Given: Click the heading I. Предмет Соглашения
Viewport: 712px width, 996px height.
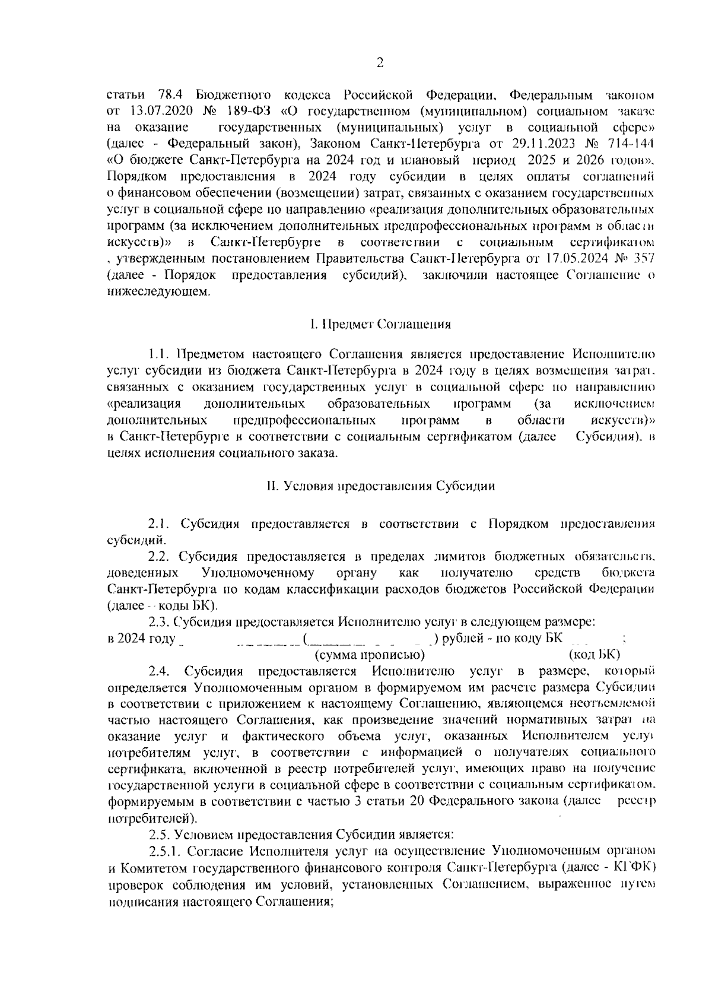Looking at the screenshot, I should (380, 324).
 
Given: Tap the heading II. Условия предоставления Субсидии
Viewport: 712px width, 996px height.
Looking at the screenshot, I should (380, 486).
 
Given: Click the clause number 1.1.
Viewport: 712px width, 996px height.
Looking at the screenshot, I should (160, 354).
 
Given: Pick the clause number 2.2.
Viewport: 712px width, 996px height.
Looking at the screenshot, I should (160, 557).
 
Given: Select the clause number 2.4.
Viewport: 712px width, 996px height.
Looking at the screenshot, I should (161, 671).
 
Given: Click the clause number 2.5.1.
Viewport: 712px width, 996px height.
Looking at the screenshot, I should (166, 851).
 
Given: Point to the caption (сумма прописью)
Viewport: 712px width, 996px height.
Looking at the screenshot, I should (369, 655).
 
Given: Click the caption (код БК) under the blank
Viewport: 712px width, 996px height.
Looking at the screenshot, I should (594, 655).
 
